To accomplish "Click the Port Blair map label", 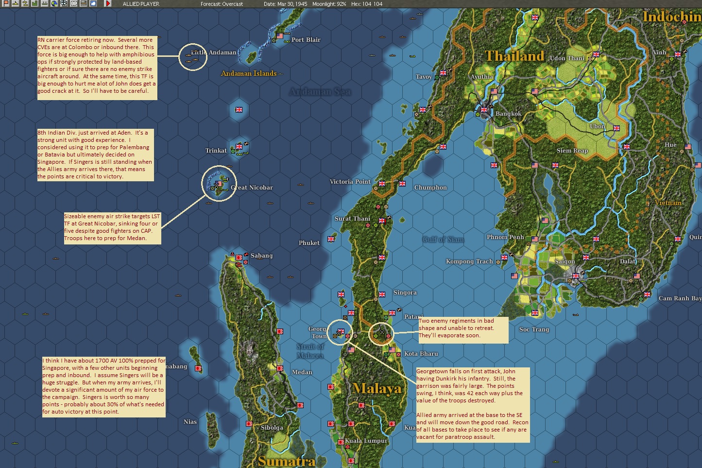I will pyautogui.click(x=306, y=40).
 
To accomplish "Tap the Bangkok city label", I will pyautogui.click(x=508, y=114).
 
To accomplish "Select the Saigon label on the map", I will pyautogui.click(x=565, y=261).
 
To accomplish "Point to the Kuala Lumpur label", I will pyautogui.click(x=366, y=441).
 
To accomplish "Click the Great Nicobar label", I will pyautogui.click(x=252, y=188).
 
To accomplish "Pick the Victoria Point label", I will pyautogui.click(x=350, y=182).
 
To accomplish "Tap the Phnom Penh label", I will pyautogui.click(x=505, y=237).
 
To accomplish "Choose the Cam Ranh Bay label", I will pyautogui.click(x=680, y=298).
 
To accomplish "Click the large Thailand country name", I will pyautogui.click(x=514, y=56).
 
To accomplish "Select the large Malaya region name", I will pyautogui.click(x=377, y=388).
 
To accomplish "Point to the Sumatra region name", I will pyautogui.click(x=286, y=461).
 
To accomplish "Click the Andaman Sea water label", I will pyautogui.click(x=320, y=92).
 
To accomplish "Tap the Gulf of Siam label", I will pyautogui.click(x=443, y=240).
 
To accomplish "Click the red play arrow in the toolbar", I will pyautogui.click(x=108, y=4).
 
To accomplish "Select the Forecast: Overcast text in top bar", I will pyautogui.click(x=222, y=4).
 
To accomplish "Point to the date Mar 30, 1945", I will pyautogui.click(x=286, y=4).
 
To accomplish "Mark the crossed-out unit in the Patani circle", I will pyautogui.click(x=382, y=332).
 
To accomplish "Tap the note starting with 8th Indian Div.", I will pyautogui.click(x=95, y=155).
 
